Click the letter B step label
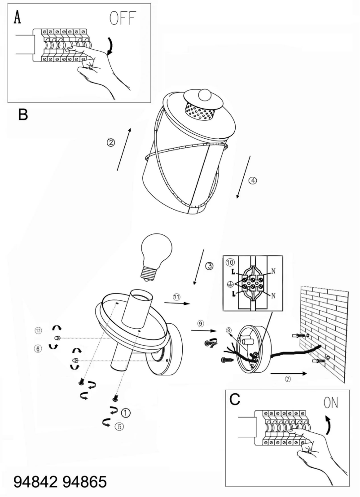click(x=23, y=115)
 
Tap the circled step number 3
click(x=209, y=266)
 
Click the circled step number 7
click(x=288, y=378)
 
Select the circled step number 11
click(x=176, y=297)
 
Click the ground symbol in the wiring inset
click(x=230, y=284)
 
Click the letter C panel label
click(x=235, y=399)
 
